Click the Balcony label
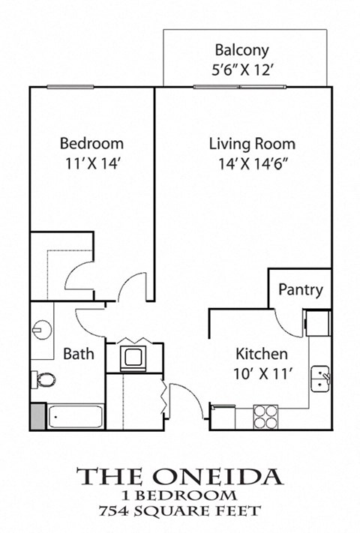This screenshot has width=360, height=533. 241,51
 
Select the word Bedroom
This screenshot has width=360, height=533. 91,143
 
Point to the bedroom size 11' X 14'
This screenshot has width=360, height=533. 91,161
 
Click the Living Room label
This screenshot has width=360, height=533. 252,143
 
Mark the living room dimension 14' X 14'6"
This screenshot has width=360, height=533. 252,161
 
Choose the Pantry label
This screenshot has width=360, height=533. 301,289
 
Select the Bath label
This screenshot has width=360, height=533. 78,353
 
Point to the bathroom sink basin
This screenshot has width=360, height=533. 42,328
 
